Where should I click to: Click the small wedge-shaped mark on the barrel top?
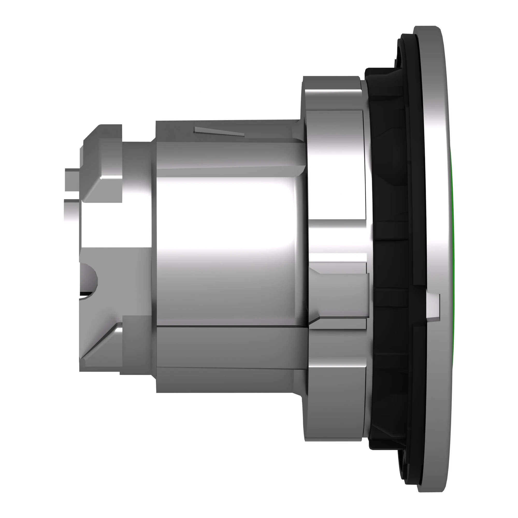coord(219,131)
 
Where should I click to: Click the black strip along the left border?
coord(20,259)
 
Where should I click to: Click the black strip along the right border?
coord(497,259)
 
